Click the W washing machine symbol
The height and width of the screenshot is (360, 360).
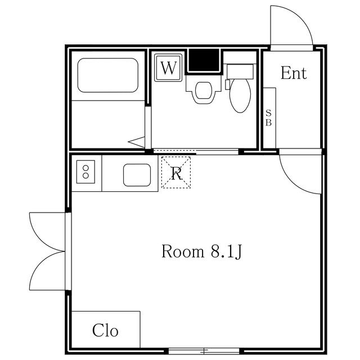pyautogui.click(x=168, y=68)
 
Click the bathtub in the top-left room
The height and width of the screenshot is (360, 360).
pyautogui.click(x=107, y=75)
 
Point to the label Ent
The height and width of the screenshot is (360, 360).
pyautogui.click(x=294, y=73)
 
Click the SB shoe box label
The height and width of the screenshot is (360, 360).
pyautogui.click(x=269, y=118)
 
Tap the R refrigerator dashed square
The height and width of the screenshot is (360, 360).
pyautogui.click(x=176, y=173)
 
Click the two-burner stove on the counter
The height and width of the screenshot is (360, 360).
pyautogui.click(x=86, y=171)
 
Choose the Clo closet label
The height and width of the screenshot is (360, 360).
pyautogui.click(x=106, y=331)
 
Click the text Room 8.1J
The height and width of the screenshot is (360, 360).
pyautogui.click(x=202, y=251)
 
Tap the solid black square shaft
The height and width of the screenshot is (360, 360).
pyautogui.click(x=203, y=60)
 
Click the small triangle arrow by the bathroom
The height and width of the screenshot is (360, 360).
pyautogui.click(x=137, y=142)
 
